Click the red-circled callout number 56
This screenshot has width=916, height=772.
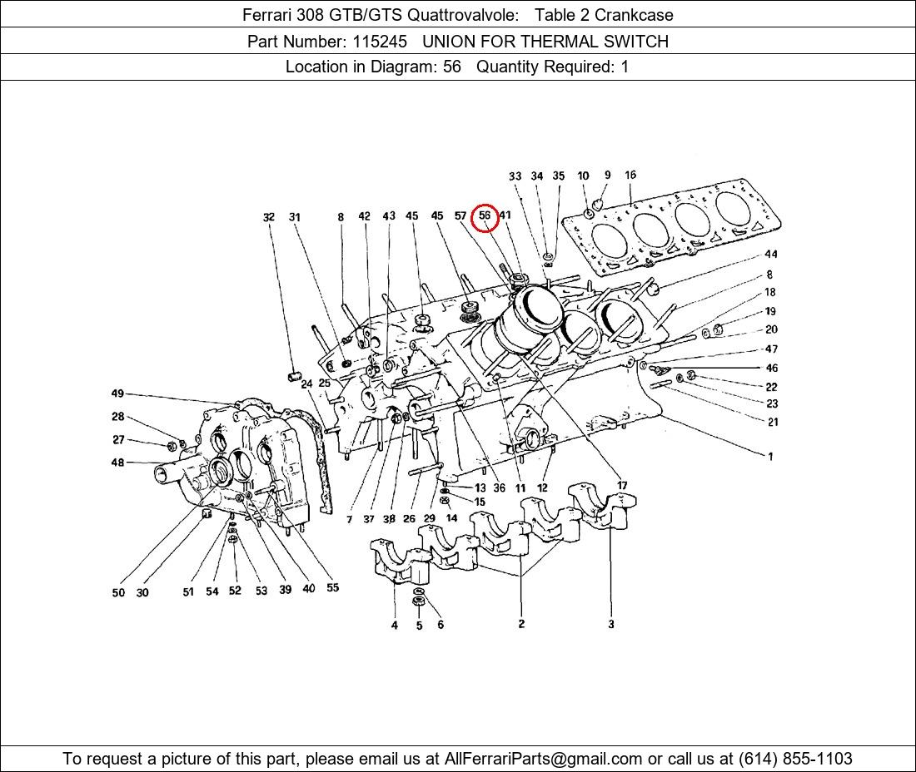click(485, 215)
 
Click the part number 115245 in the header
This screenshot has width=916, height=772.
click(380, 42)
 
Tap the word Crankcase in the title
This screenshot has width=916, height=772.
click(634, 15)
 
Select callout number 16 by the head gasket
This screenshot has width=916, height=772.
click(630, 175)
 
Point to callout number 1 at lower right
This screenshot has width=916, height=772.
click(770, 457)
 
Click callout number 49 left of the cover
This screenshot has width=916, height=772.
click(117, 393)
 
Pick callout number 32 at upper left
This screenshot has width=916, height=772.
click(269, 217)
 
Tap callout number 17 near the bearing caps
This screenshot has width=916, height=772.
click(622, 486)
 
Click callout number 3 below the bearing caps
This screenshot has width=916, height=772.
click(611, 624)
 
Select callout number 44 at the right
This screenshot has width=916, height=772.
click(771, 255)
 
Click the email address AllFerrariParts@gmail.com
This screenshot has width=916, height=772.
click(543, 759)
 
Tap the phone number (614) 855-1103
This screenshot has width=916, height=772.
click(795, 759)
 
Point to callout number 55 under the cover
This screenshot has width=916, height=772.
click(332, 587)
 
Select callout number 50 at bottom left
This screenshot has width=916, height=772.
click(118, 592)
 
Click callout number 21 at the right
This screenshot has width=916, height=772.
click(773, 422)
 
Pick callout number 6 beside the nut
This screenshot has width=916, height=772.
click(441, 625)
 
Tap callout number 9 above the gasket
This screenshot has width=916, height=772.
click(608, 175)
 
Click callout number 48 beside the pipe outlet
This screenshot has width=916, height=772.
click(117, 463)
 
